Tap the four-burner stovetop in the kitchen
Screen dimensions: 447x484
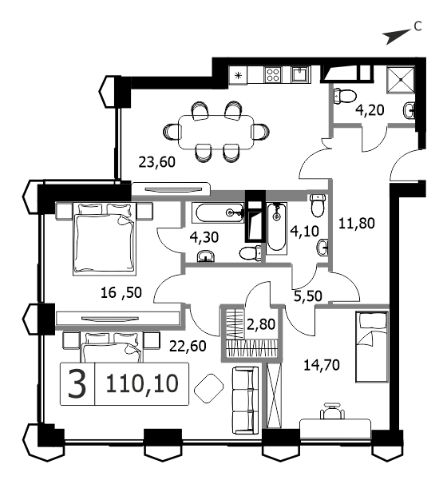(273, 75)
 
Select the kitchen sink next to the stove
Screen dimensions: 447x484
(301, 74)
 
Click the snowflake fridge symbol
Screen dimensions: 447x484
(238, 75)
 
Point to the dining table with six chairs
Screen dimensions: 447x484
(216, 132)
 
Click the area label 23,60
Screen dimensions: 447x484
(156, 162)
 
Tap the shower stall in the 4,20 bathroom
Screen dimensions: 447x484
(401, 79)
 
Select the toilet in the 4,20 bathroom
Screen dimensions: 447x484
(345, 96)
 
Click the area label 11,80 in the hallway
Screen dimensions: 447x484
(357, 223)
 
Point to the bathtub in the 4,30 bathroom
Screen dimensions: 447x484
(218, 212)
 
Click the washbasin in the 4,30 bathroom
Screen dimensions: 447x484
(206, 256)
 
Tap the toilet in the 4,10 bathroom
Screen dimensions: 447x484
(318, 205)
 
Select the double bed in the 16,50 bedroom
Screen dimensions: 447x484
(105, 238)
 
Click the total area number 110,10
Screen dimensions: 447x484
(142, 383)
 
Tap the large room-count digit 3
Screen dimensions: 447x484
(77, 383)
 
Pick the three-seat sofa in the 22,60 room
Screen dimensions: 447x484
(245, 400)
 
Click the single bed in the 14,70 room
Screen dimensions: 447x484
(371, 347)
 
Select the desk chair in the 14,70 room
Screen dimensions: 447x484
(333, 411)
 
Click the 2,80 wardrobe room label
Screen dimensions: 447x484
(261, 324)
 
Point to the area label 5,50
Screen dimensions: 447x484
(308, 296)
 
